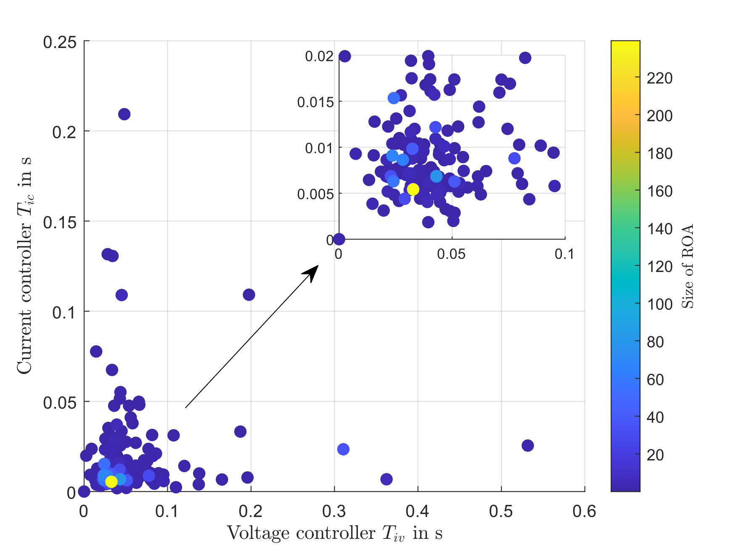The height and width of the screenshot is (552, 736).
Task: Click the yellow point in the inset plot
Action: pyautogui.click(x=413, y=189)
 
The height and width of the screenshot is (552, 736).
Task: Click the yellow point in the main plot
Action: pyautogui.click(x=111, y=481)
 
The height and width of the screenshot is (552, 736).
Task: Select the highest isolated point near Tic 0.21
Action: pyautogui.click(x=124, y=114)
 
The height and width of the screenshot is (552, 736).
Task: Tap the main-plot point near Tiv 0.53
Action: pyautogui.click(x=527, y=445)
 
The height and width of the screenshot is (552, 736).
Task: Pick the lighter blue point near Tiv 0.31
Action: pyautogui.click(x=343, y=449)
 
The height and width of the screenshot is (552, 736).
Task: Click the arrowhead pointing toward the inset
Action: pyautogui.click(x=312, y=272)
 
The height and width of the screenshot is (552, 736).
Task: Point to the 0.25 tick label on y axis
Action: pyautogui.click(x=60, y=42)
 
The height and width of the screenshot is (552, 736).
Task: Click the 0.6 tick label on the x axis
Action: pyautogui.click(x=584, y=511)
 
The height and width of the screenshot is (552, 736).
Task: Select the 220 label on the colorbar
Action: pyautogui.click(x=659, y=78)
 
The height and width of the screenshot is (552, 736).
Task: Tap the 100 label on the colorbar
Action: pyautogui.click(x=659, y=304)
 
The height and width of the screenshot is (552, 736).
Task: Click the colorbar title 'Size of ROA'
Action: pyautogui.click(x=687, y=266)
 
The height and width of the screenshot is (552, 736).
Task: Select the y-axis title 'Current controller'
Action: pyautogui.click(x=24, y=265)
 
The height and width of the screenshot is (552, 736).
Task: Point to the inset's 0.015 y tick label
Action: pyautogui.click(x=315, y=102)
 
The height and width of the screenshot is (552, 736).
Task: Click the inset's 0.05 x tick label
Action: pyautogui.click(x=451, y=254)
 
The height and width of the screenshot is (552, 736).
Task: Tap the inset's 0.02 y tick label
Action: pyautogui.click(x=319, y=56)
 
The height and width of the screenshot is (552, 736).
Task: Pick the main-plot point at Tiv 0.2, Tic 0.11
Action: pyautogui.click(x=249, y=295)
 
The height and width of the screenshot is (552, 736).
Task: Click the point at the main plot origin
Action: pyautogui.click(x=84, y=491)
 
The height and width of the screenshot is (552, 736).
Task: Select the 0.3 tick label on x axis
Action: pyautogui.click(x=334, y=511)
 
